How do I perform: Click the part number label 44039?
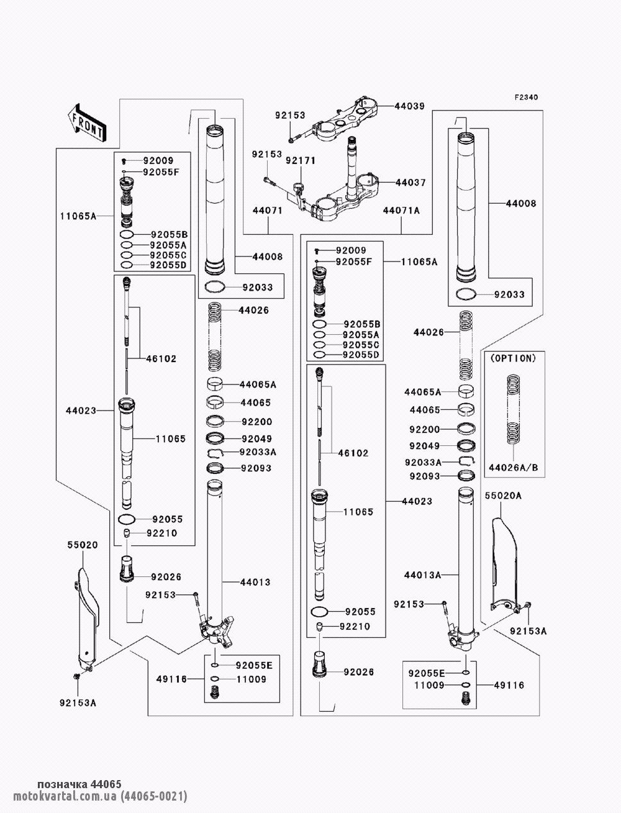point(409,106)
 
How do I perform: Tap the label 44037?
point(410,183)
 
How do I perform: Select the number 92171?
point(301,161)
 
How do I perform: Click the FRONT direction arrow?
point(87,123)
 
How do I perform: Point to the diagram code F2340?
point(526,98)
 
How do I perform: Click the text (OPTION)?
point(513,358)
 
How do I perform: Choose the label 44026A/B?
point(513,468)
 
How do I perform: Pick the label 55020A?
point(503,496)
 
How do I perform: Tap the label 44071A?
point(401,211)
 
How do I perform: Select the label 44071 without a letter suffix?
point(268,211)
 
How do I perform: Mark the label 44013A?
point(422,575)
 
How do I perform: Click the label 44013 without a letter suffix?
point(255,582)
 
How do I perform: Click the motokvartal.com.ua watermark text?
point(100,796)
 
